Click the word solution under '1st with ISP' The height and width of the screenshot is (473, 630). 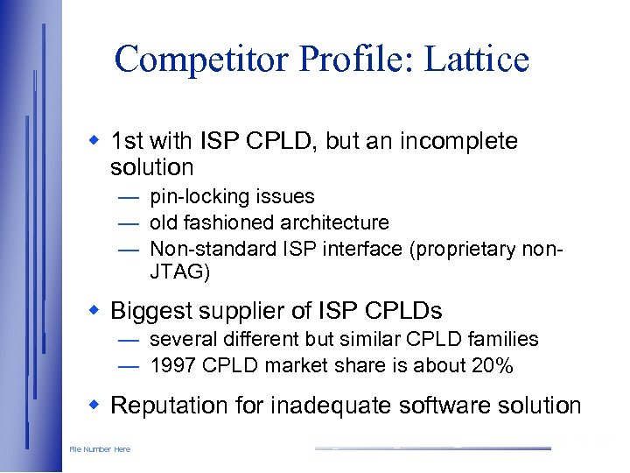152,166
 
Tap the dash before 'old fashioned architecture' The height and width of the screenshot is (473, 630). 129,223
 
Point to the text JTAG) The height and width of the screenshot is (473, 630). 180,272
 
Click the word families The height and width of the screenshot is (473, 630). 504,339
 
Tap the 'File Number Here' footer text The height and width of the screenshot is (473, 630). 100,449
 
